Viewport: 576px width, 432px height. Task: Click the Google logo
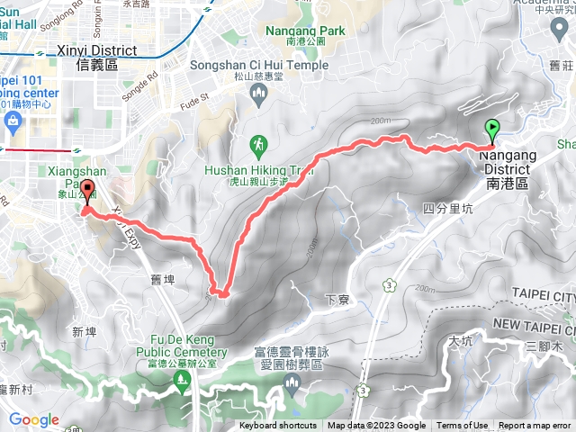(x=33, y=419)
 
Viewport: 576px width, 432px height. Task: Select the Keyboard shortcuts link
(x=278, y=426)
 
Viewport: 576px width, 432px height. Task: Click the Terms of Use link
(x=463, y=426)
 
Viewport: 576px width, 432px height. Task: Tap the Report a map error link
(x=535, y=426)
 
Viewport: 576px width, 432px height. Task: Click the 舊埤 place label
(x=162, y=280)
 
